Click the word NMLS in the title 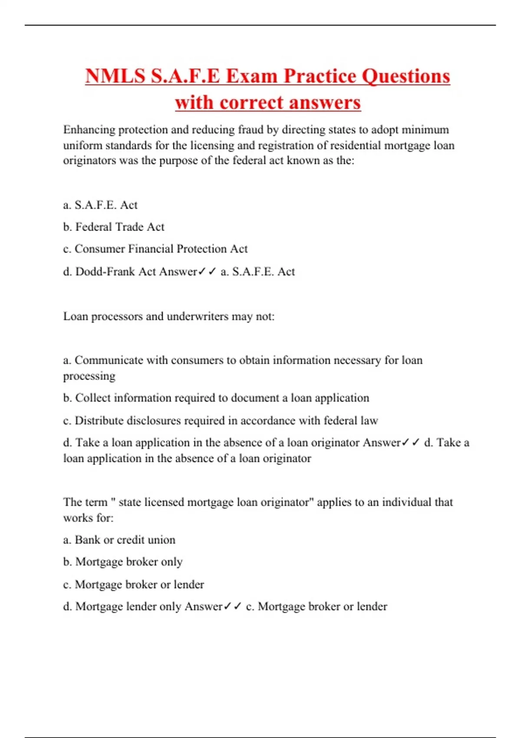point(115,76)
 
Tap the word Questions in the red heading point(406,76)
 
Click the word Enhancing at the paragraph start point(89,130)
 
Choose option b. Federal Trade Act point(114,227)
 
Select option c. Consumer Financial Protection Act point(155,249)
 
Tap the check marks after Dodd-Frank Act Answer point(207,272)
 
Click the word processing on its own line point(89,376)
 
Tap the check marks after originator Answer point(411,443)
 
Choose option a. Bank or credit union point(119,540)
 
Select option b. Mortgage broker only point(123,562)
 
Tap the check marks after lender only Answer point(232,606)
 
